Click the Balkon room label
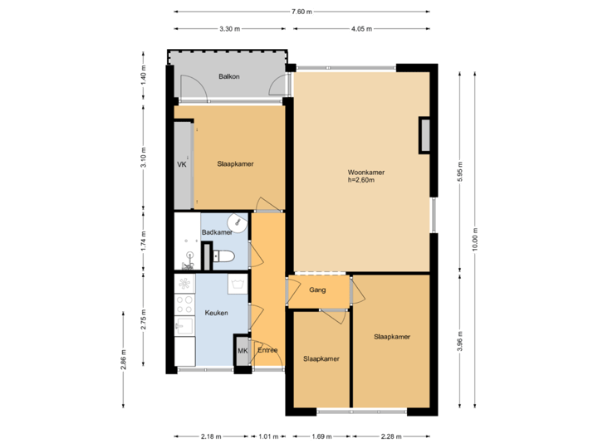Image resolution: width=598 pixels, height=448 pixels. pyautogui.click(x=229, y=76)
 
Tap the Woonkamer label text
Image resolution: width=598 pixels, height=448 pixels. pyautogui.click(x=365, y=173)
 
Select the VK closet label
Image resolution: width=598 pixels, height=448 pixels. pyautogui.click(x=182, y=165)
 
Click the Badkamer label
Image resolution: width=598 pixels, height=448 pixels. pyautogui.click(x=217, y=232)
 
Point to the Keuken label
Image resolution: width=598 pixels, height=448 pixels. pyautogui.click(x=216, y=313)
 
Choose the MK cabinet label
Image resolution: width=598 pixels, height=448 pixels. pyautogui.click(x=243, y=351)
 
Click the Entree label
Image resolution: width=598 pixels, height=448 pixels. pyautogui.click(x=267, y=350)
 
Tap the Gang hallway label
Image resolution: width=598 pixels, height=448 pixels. pyautogui.click(x=317, y=290)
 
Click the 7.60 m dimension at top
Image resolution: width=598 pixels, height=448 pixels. pyautogui.click(x=301, y=12)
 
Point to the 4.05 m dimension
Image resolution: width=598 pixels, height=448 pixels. pyautogui.click(x=362, y=29)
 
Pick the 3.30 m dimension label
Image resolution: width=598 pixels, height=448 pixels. pyautogui.click(x=229, y=29)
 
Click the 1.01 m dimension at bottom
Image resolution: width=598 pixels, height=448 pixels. pyautogui.click(x=268, y=436)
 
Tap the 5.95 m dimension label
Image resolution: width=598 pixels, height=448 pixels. pyautogui.click(x=459, y=170)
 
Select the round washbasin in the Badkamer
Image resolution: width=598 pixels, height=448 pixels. pyautogui.click(x=238, y=222)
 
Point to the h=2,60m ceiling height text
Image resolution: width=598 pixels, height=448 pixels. pyautogui.click(x=365, y=181)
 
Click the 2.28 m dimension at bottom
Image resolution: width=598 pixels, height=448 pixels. pyautogui.click(x=391, y=436)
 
